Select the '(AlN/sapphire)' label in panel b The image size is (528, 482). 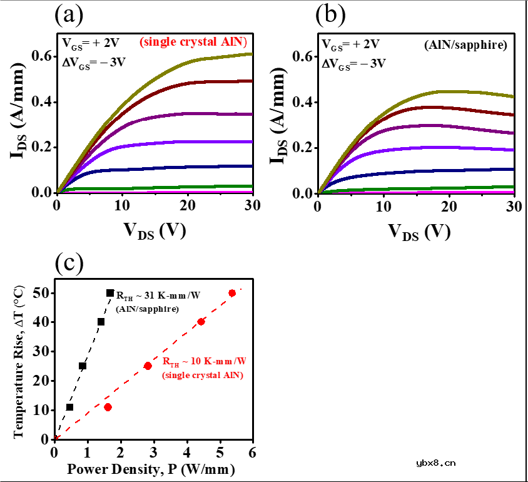[475, 44]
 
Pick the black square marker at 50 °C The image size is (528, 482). [110, 293]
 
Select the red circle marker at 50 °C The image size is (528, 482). [232, 293]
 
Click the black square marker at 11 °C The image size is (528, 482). [69, 408]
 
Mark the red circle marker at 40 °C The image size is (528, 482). [201, 322]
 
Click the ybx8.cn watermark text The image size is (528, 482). [436, 464]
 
